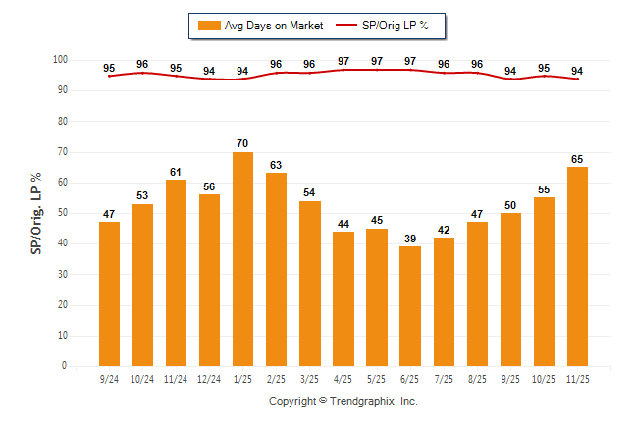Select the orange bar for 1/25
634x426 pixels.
click(x=243, y=259)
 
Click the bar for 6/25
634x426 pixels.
click(x=410, y=306)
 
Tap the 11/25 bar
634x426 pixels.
click(x=577, y=266)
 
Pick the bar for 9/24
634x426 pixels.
click(x=109, y=293)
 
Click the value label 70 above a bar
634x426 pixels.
click(x=243, y=144)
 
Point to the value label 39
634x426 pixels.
click(x=410, y=239)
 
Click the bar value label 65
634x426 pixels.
click(x=577, y=159)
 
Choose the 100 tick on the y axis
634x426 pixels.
click(x=60, y=60)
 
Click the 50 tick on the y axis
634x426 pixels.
click(x=62, y=213)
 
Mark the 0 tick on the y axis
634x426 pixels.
click(x=65, y=366)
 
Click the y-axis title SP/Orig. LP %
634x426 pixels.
click(x=35, y=213)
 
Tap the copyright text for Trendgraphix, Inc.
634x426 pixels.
click(x=343, y=401)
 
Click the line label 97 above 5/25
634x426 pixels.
click(x=377, y=61)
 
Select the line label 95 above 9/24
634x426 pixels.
click(x=109, y=69)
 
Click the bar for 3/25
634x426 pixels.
click(x=310, y=283)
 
